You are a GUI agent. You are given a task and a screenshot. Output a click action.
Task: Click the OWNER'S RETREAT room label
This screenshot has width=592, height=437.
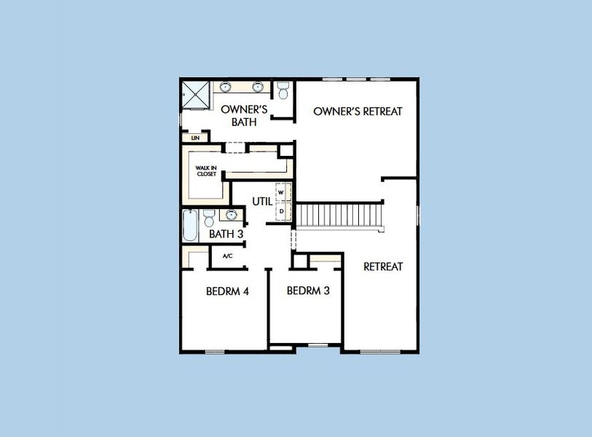click(358, 111)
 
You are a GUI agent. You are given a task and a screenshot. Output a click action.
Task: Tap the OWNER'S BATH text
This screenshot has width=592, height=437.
click(244, 115)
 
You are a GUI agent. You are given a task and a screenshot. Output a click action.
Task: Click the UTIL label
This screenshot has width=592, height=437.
click(261, 201)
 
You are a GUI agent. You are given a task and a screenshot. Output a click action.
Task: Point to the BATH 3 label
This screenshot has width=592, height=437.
click(226, 234)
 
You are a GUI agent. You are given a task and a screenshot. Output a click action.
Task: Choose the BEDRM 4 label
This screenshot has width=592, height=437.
click(227, 291)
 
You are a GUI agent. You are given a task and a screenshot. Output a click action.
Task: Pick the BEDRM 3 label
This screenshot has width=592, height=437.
click(308, 291)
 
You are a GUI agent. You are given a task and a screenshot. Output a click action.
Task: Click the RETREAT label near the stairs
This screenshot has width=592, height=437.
click(383, 267)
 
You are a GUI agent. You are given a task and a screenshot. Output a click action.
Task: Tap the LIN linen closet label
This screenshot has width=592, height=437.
click(194, 137)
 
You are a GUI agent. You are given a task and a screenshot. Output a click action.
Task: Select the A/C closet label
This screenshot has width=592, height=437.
click(227, 256)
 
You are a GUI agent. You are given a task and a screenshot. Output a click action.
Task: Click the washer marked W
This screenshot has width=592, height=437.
click(281, 192)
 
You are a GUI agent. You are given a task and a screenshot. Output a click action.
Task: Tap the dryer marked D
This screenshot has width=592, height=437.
click(281, 210)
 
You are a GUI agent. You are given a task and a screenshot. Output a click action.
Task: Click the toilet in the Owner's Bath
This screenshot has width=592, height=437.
click(283, 90)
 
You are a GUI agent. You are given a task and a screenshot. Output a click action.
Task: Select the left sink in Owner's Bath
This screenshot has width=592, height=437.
click(226, 87)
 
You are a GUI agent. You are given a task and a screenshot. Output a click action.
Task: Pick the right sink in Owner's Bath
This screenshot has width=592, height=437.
click(257, 87)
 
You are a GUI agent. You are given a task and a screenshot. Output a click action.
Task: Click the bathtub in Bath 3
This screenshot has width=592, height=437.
click(189, 227)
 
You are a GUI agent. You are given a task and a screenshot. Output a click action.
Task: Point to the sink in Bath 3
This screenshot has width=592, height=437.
click(232, 215)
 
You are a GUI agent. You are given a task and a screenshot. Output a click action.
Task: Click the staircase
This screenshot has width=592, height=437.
click(339, 216)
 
